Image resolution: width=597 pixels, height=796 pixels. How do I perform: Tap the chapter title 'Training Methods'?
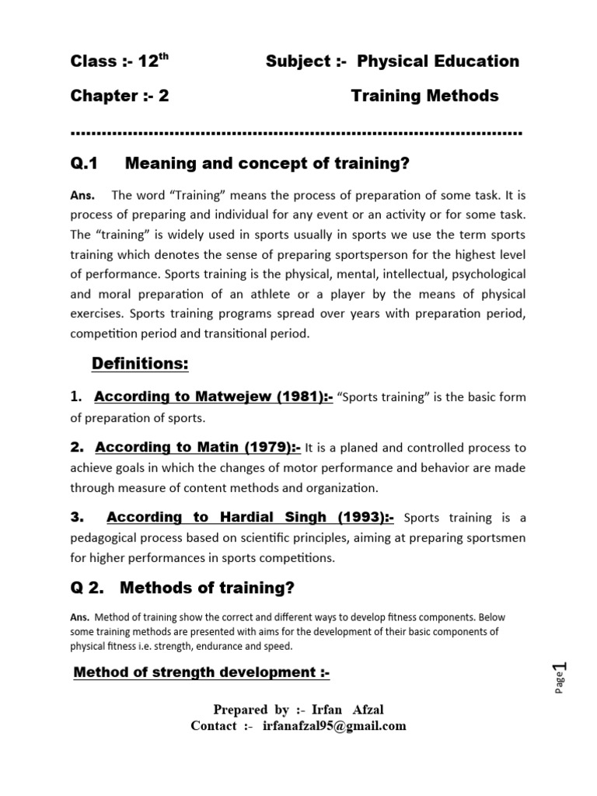coord(424,96)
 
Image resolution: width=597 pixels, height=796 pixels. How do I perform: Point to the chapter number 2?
coord(163,96)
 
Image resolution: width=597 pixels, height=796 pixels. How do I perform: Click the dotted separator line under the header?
coord(295,133)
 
